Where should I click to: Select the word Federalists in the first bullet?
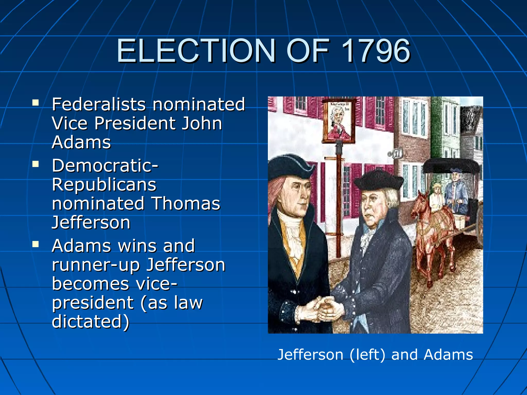99,104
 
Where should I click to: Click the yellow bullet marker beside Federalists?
36,103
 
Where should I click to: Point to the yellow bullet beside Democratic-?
36,164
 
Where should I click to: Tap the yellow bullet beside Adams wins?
36,244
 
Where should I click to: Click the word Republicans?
104,185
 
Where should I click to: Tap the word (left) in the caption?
367,355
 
